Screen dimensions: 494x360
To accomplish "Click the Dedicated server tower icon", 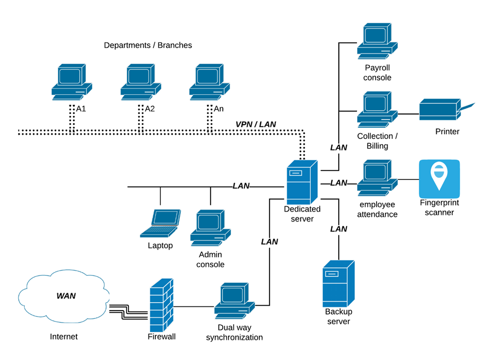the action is pyautogui.click(x=302, y=182).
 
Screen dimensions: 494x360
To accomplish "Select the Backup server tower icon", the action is pyautogui.click(x=339, y=284).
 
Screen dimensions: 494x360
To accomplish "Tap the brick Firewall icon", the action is pyautogui.click(x=161, y=305).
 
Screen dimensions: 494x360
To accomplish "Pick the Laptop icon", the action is pyautogui.click(x=160, y=223).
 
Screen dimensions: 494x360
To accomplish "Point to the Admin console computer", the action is pyautogui.click(x=211, y=228).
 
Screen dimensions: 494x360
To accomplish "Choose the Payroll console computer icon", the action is pyautogui.click(x=377, y=41).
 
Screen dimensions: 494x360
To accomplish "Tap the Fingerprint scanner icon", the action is pyautogui.click(x=439, y=179).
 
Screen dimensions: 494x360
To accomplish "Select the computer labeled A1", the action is pyautogui.click(x=72, y=82).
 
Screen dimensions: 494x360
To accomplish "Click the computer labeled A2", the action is pyautogui.click(x=141, y=82).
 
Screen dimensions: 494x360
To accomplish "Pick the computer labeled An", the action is pyautogui.click(x=210, y=82).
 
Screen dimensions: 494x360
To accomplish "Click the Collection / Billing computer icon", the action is pyautogui.click(x=377, y=109).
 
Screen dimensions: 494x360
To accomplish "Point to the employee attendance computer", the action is pyautogui.click(x=377, y=178).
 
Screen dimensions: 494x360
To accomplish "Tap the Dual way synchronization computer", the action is pyautogui.click(x=235, y=301).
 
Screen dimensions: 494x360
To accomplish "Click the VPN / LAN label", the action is pyautogui.click(x=256, y=124).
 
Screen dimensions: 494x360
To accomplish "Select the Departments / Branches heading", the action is pyautogui.click(x=148, y=45).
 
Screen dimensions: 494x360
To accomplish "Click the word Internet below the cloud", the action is pyautogui.click(x=64, y=337).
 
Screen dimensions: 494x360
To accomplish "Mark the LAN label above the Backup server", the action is pyautogui.click(x=339, y=229).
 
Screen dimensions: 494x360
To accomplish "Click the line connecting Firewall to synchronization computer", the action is pyautogui.click(x=194, y=306).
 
